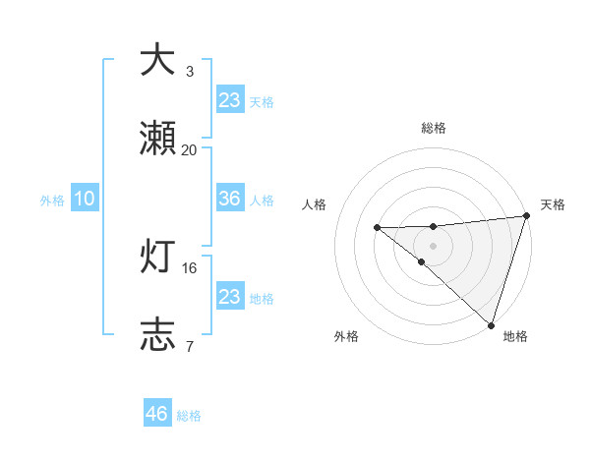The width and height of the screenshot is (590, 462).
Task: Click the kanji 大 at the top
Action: pyautogui.click(x=158, y=60)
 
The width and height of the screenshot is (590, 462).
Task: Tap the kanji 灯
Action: pyautogui.click(x=158, y=259)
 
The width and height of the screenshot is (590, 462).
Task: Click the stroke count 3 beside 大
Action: pyautogui.click(x=190, y=71)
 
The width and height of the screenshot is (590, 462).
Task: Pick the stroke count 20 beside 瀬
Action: pyautogui.click(x=190, y=149)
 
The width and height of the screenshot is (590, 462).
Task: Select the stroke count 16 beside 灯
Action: pyautogui.click(x=190, y=266)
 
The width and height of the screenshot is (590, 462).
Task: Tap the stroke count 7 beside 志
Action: pyautogui.click(x=190, y=345)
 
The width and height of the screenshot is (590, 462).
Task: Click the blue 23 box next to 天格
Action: pyautogui.click(x=230, y=100)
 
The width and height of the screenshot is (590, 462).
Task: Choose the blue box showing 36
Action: pyautogui.click(x=230, y=199)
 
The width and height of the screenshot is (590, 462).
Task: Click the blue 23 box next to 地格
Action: pyautogui.click(x=230, y=297)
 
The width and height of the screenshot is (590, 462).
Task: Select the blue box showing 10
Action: pyautogui.click(x=85, y=199)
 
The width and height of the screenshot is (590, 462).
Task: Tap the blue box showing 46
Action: pyautogui.click(x=157, y=414)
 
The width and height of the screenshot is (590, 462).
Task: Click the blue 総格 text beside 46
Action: pyautogui.click(x=190, y=416)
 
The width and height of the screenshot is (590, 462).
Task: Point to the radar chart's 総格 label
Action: pyautogui.click(x=434, y=128)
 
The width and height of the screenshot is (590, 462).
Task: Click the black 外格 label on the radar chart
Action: pyautogui.click(x=346, y=337)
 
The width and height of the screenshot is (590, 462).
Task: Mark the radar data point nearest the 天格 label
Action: pyautogui.click(x=526, y=216)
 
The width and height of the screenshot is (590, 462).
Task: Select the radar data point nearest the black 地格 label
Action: pyautogui.click(x=491, y=324)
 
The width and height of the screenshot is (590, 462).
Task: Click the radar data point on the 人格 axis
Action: pyautogui.click(x=377, y=228)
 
